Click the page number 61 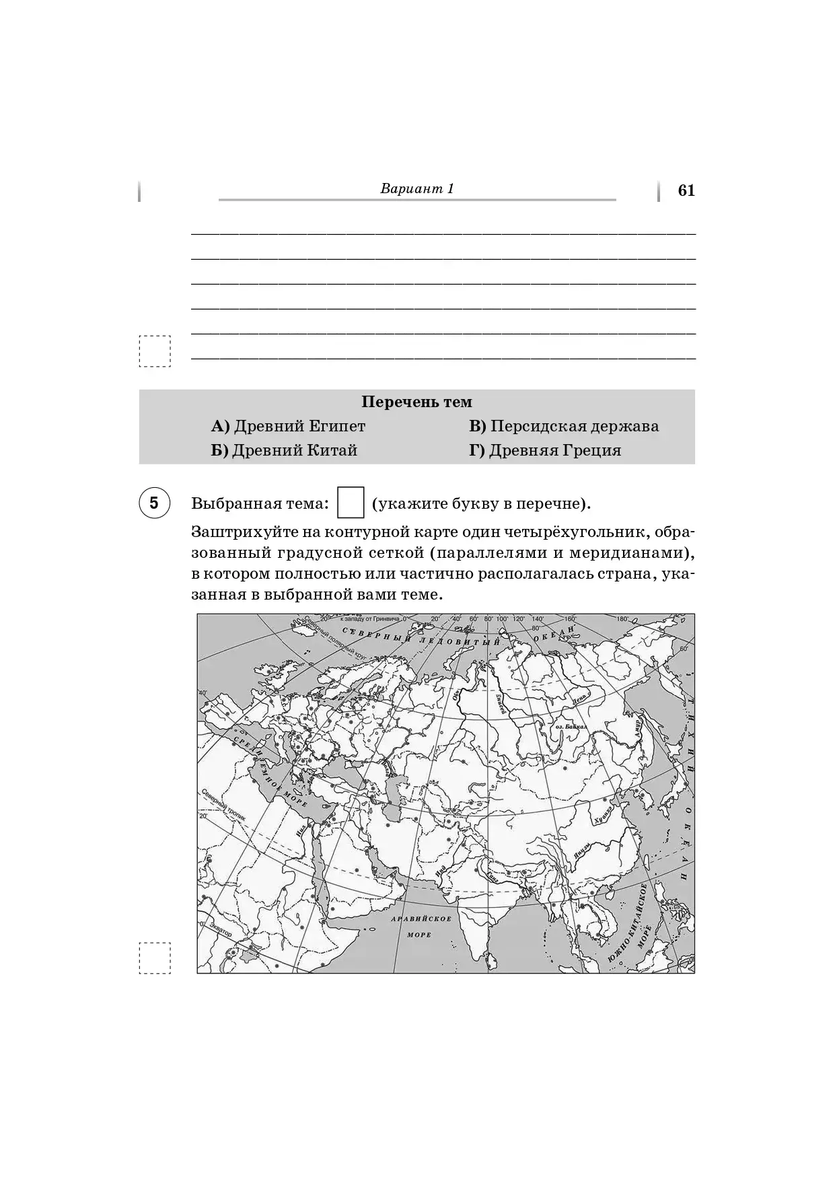[686, 190]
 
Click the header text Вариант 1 [417, 188]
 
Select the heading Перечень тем [416, 402]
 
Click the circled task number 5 [154, 503]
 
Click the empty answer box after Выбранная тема [350, 503]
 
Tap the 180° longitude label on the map [621, 618]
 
